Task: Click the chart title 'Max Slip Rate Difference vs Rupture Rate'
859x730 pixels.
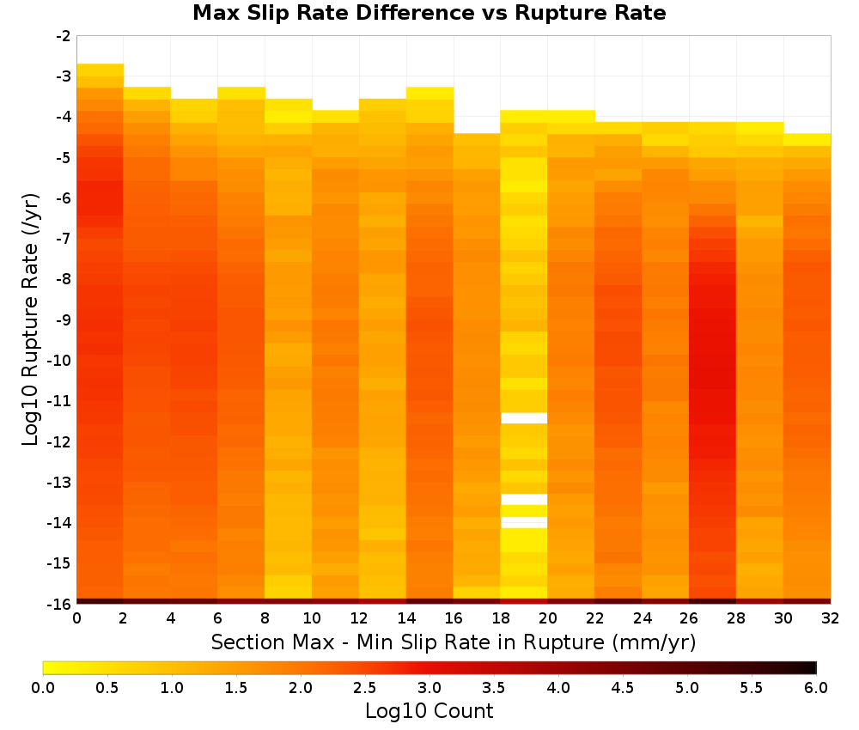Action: tap(429, 13)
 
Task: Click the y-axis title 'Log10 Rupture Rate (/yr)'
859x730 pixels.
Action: tap(30, 319)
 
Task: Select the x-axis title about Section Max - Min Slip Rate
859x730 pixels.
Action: tap(454, 642)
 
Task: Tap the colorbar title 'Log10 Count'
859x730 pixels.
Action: tap(429, 711)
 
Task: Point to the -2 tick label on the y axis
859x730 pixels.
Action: tap(64, 36)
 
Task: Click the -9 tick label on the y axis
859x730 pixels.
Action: tap(64, 319)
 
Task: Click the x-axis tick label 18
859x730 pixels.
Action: tap(501, 618)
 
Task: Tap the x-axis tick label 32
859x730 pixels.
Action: tap(831, 618)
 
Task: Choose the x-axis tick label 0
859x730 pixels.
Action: tap(76, 618)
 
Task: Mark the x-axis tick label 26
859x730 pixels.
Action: tap(689, 618)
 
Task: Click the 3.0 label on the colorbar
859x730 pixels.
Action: tap(429, 687)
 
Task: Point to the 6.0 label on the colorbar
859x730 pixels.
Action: tap(816, 687)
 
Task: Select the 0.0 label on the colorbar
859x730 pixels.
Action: tap(43, 687)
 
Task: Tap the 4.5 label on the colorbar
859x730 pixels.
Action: tap(623, 687)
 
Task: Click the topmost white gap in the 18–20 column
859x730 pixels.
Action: tap(524, 418)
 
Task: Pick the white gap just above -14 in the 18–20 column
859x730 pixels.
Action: tap(524, 499)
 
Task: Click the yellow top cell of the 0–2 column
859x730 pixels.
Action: tap(101, 70)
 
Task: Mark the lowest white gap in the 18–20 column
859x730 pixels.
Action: tap(524, 522)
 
